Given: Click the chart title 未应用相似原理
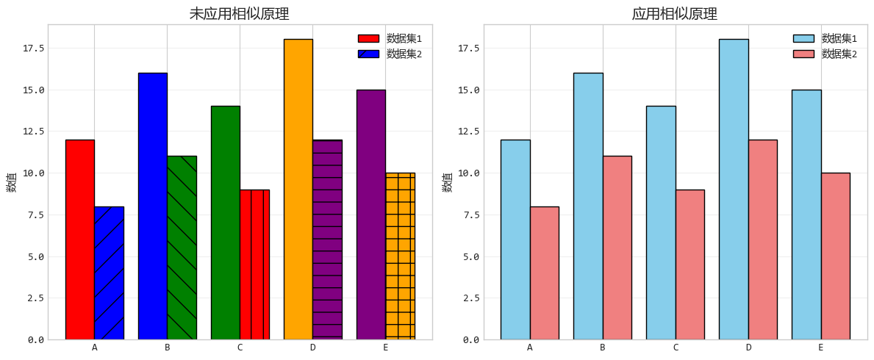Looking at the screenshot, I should pyautogui.click(x=239, y=14).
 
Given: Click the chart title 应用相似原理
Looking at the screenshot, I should pyautogui.click(x=674, y=14).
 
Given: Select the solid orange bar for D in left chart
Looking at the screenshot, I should pyautogui.click(x=298, y=189).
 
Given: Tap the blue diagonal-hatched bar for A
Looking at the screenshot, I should pyautogui.click(x=109, y=273).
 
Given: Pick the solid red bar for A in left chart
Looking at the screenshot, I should pyautogui.click(x=79, y=240).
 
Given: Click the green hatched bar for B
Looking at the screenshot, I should pyautogui.click(x=182, y=248).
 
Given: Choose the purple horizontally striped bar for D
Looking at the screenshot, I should pyautogui.click(x=327, y=240).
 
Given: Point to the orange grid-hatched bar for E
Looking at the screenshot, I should pyautogui.click(x=400, y=256).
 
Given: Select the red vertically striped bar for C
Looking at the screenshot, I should pyautogui.click(x=254, y=264).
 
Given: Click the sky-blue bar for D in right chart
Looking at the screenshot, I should pyautogui.click(x=734, y=189).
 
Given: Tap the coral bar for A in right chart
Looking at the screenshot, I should pyautogui.click(x=544, y=273).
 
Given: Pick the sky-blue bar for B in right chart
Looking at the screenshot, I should pyautogui.click(x=588, y=206).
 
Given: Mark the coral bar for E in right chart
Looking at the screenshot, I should pyautogui.click(x=835, y=256).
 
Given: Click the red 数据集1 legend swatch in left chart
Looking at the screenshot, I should pyautogui.click(x=368, y=38).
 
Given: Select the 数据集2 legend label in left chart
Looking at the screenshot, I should pyautogui.click(x=404, y=54).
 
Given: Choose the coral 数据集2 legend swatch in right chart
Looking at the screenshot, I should pyautogui.click(x=803, y=54).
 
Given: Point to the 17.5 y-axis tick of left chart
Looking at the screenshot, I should pyautogui.click(x=34, y=48).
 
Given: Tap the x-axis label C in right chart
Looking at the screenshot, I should pyautogui.click(x=675, y=348).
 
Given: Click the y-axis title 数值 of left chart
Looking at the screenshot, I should pyautogui.click(x=11, y=182).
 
